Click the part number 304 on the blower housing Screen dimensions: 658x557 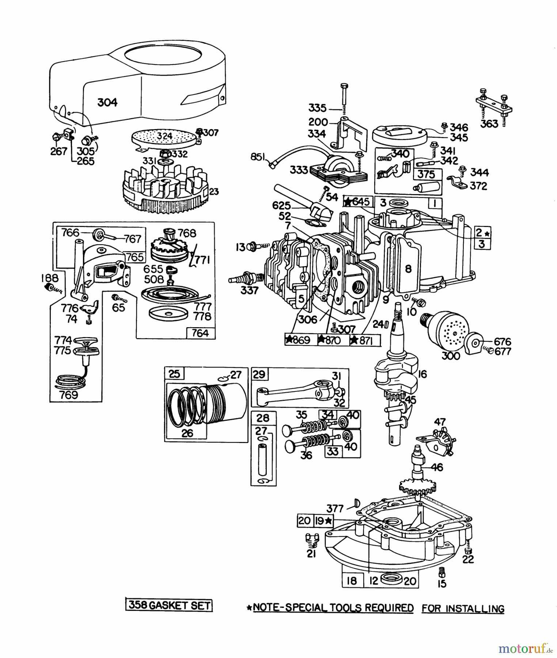(107, 102)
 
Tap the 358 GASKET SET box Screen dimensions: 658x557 (169, 605)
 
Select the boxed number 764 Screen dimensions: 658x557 (200, 333)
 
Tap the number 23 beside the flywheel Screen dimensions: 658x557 (214, 192)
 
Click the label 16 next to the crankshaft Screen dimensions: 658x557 (422, 374)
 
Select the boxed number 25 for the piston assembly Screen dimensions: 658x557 (175, 374)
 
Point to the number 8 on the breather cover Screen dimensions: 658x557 (408, 269)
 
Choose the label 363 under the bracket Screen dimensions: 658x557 (489, 124)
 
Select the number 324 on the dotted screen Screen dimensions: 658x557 (164, 136)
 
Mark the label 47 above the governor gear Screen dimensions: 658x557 (440, 422)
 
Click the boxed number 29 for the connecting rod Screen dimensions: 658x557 (259, 374)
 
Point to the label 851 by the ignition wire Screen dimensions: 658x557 (258, 157)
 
